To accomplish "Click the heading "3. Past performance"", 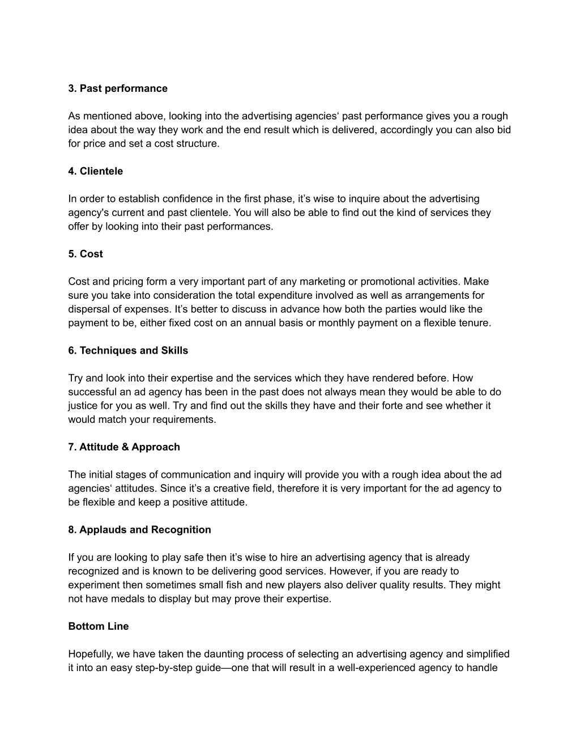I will [118, 88].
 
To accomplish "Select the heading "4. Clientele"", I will [95, 171].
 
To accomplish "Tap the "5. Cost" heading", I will [86, 254].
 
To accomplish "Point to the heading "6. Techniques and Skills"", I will [128, 350].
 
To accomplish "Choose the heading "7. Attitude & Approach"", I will [124, 447].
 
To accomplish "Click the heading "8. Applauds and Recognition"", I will [139, 529].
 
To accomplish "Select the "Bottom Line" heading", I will [99, 626].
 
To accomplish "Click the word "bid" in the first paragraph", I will [504, 130].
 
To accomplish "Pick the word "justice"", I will [83, 406].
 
